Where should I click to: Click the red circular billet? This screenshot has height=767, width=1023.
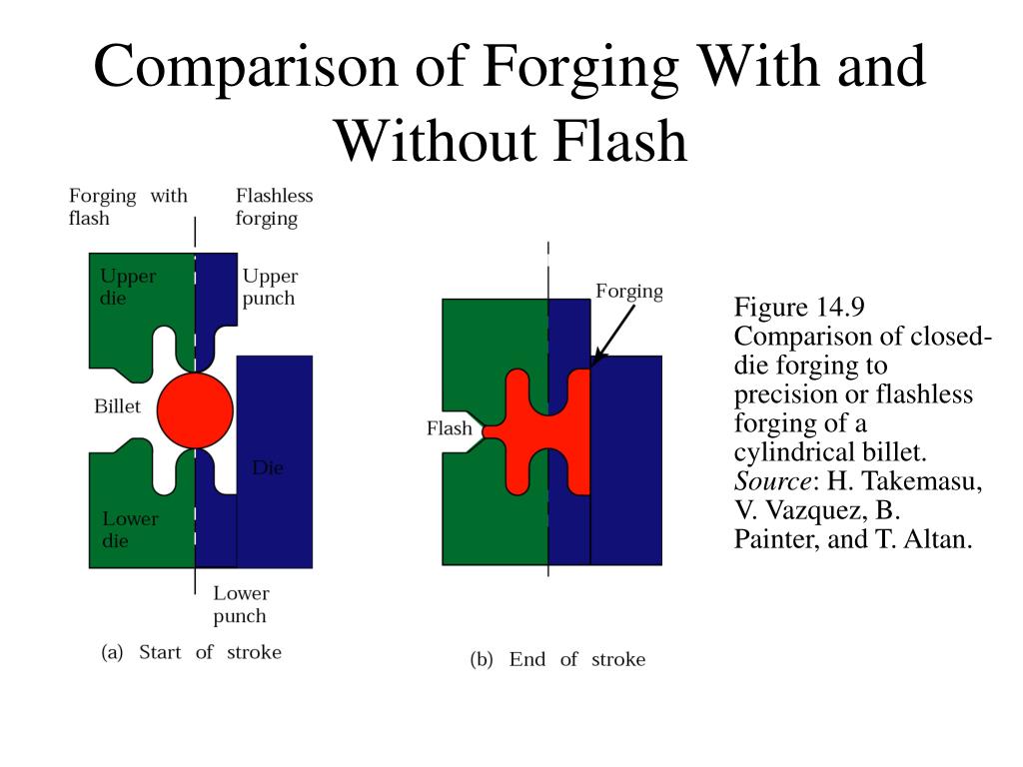tap(195, 409)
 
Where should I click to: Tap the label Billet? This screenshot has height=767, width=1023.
tap(117, 406)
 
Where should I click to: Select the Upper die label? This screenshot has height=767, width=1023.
tap(128, 287)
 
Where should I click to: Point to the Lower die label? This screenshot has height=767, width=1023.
tap(130, 529)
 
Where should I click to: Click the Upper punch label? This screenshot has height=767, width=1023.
tap(270, 287)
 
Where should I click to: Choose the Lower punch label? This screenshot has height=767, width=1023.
tap(241, 604)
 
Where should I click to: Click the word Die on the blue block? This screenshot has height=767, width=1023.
tap(268, 466)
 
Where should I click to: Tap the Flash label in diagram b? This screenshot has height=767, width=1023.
tap(449, 428)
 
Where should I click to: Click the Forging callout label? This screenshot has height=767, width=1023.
tap(629, 291)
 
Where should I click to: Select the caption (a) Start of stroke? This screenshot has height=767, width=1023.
tap(191, 652)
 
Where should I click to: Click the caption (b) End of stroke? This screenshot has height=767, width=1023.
tap(557, 659)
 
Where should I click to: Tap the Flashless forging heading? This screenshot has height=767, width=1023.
tap(274, 207)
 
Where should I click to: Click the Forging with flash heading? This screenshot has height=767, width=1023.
tap(127, 207)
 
